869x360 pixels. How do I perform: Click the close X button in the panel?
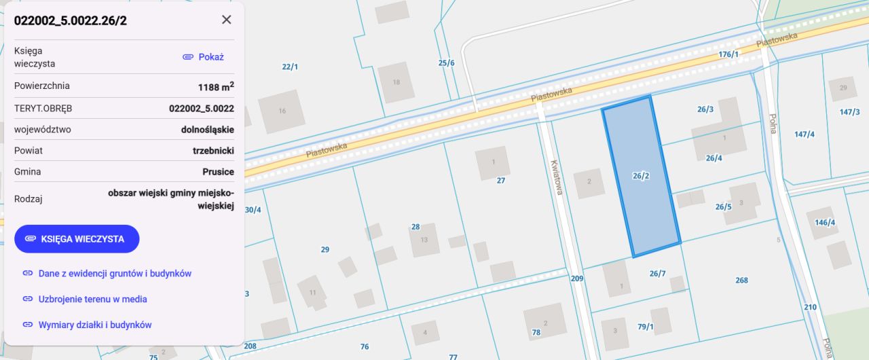(x=227, y=20)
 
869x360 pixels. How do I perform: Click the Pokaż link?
(x=204, y=57)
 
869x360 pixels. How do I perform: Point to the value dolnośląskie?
(x=208, y=129)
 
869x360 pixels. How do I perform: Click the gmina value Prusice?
(x=218, y=172)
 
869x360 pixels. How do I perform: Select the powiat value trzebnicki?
(x=213, y=151)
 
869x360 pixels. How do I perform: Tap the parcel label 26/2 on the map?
(x=641, y=176)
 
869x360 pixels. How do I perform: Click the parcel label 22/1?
(x=290, y=67)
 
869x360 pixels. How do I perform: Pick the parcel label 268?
(x=741, y=281)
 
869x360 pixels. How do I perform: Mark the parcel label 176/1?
(x=728, y=54)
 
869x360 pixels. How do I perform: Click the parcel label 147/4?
(x=804, y=134)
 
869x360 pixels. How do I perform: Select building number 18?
(x=396, y=82)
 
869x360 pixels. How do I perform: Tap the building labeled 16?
(x=282, y=111)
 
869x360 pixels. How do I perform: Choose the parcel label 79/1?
(x=645, y=327)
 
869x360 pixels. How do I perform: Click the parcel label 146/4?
(x=825, y=223)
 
